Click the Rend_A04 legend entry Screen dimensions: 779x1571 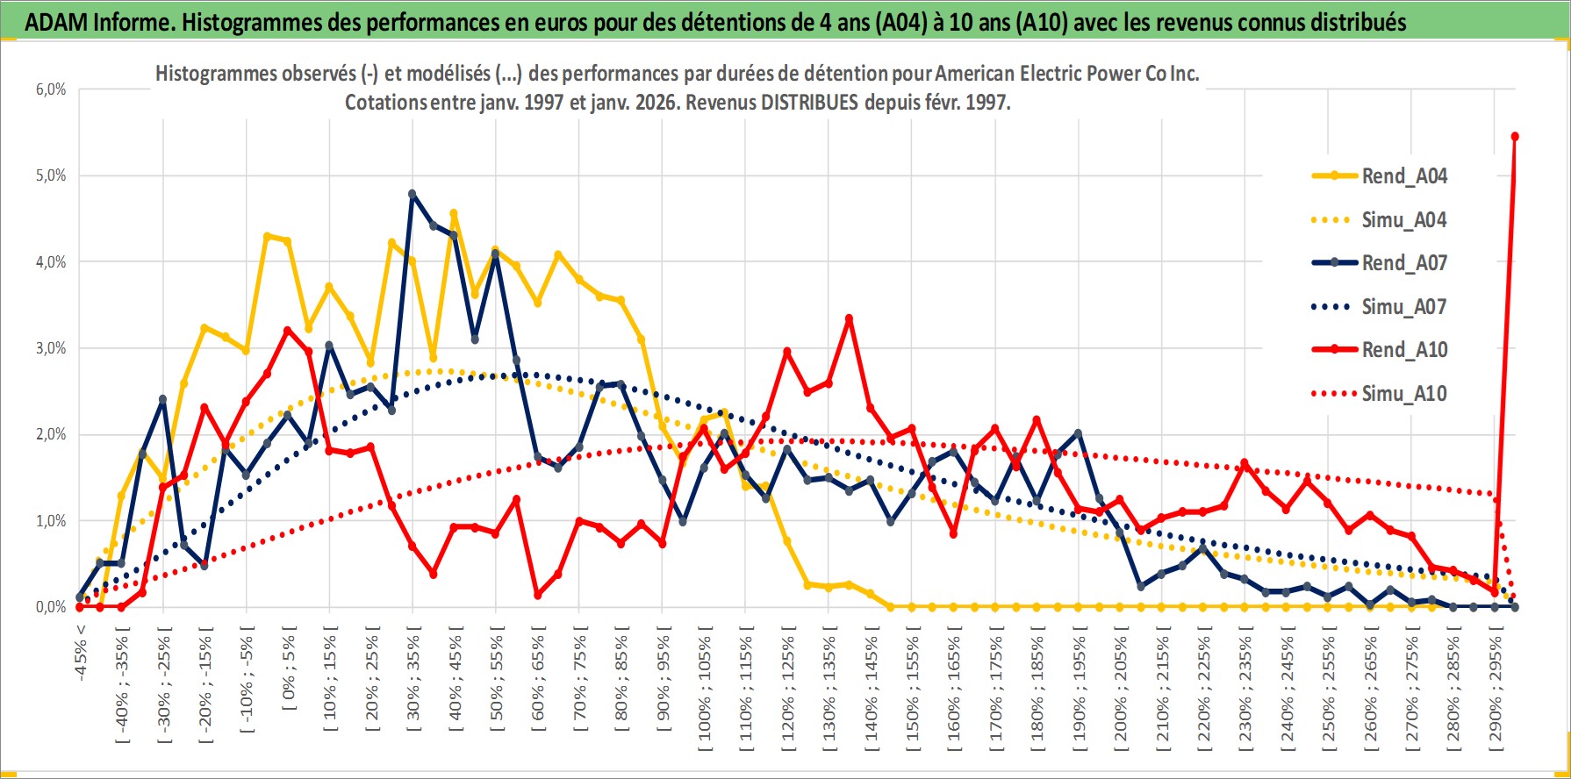tap(1403, 176)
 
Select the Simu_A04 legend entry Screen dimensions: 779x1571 tap(1403, 220)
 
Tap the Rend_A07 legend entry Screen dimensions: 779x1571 tap(1403, 263)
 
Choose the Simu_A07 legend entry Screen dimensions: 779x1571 tap(1403, 307)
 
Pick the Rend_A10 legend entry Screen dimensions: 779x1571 tap(1403, 350)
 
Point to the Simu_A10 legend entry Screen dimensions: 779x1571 tap(1403, 394)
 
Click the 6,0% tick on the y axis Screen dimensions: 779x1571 tap(51, 89)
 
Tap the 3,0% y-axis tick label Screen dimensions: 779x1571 tap(51, 348)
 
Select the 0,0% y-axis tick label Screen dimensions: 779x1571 tap(51, 607)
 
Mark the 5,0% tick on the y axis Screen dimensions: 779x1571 tap(51, 175)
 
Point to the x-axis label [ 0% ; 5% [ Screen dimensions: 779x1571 tap(289, 668)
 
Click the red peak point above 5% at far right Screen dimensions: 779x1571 tap(1515, 136)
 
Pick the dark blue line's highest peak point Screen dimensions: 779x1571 tap(412, 194)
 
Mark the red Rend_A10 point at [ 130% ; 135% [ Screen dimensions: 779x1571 tap(849, 319)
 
